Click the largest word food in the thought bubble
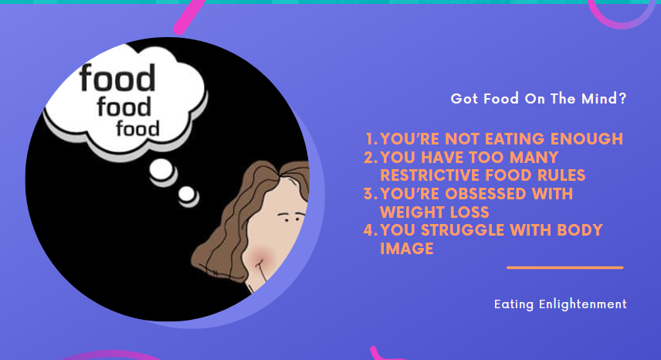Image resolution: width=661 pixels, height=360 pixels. coord(117,78)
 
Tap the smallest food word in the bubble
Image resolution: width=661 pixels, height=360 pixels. coord(138,129)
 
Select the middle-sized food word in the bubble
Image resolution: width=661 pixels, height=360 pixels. coord(124,107)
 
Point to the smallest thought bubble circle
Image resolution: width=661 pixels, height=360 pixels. coord(188,196)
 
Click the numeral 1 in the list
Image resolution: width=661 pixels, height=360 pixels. coord(370,139)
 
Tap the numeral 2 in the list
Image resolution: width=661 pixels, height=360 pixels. coord(370,158)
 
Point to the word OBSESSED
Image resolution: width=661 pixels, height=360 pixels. coord(485,194)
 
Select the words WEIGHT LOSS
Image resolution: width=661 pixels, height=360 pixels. coord(434,212)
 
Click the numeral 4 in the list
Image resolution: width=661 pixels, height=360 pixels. coord(370,230)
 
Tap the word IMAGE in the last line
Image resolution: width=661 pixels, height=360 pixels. coord(406,249)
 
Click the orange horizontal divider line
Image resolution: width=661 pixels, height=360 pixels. coord(565,267)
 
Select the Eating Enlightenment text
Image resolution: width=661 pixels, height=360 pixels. coord(561,304)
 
